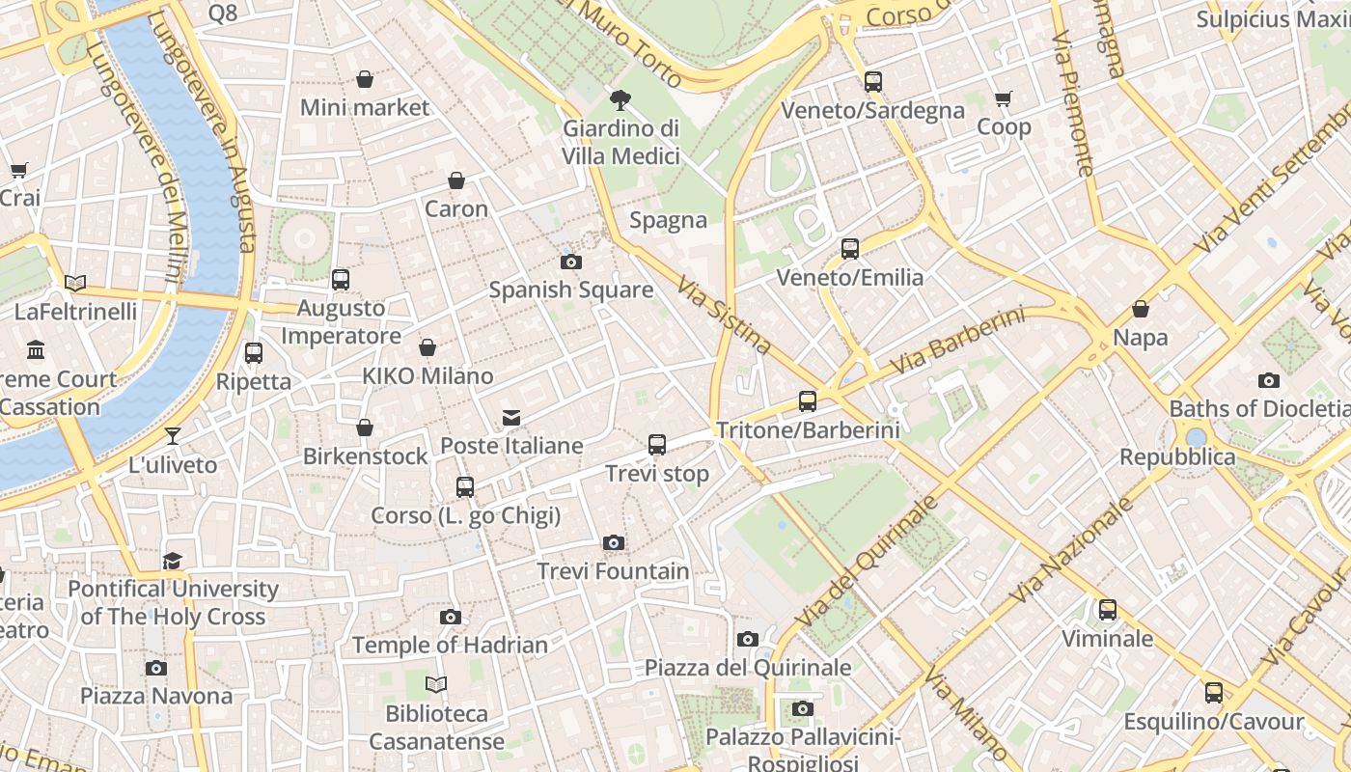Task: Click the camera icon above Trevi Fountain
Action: pos(613,543)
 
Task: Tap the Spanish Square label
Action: pos(570,289)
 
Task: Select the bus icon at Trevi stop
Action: pos(657,445)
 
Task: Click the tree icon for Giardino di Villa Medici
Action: pos(620,99)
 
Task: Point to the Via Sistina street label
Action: pos(724,315)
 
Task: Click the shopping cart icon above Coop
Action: pos(1004,98)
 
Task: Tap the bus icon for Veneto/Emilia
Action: pos(850,249)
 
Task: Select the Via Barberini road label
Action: pos(957,342)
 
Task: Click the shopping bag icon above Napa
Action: pos(1141,309)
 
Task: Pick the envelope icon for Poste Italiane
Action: pos(511,418)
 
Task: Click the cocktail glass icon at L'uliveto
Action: pos(173,436)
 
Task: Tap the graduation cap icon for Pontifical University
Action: pos(173,561)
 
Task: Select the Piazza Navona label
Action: pos(156,696)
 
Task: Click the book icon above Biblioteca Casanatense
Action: pos(436,685)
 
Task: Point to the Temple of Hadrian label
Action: pos(450,645)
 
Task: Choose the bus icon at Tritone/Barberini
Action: pos(808,401)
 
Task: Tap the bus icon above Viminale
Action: pos(1107,610)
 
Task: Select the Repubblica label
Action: pos(1177,456)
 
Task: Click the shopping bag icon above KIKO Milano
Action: pos(427,347)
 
